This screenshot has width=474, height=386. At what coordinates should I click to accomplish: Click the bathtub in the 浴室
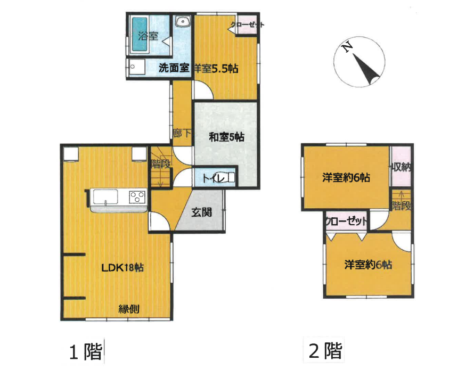pos(140,35)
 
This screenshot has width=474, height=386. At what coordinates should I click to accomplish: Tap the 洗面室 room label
pos(174,68)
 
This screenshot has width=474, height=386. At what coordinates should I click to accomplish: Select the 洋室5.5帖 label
pos(216,69)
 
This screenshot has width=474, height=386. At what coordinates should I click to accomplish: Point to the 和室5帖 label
pos(226,137)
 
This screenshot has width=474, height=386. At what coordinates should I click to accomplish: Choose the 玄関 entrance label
pos(202,213)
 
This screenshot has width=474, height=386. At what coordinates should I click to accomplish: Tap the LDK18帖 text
pos(122,267)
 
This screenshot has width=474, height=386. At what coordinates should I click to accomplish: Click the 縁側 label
pos(129,308)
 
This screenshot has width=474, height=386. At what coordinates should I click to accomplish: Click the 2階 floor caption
pos(325,351)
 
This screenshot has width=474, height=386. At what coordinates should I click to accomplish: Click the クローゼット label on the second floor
pos(346,220)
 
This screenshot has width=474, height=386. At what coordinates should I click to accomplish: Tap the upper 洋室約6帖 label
pos(346,178)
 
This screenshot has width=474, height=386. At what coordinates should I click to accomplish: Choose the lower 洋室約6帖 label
pos(368,264)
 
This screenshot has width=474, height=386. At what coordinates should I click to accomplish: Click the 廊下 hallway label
pos(182,134)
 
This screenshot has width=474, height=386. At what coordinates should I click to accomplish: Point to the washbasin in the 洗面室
pos(183,23)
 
